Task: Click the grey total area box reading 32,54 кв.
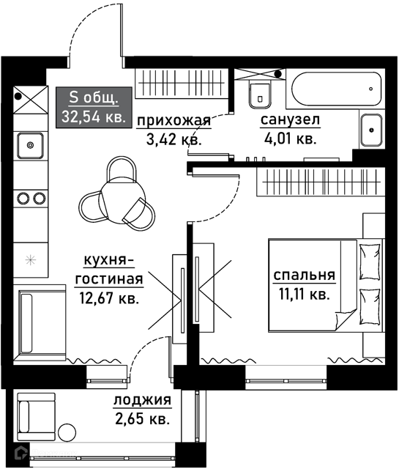[94, 108]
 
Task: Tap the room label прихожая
[174, 121]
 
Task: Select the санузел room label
[290, 119]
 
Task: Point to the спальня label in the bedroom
[305, 276]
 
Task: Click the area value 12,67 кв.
[109, 298]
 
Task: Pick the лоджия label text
[142, 400]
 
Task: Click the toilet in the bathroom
[261, 95]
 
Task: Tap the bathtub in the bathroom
[337, 89]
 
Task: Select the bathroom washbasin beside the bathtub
[371, 130]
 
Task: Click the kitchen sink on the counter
[30, 146]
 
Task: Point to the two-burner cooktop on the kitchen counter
[31, 198]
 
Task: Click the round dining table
[122, 200]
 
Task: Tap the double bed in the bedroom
[326, 285]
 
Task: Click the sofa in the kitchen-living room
[40, 323]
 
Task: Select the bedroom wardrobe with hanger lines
[321, 182]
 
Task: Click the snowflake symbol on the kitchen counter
[31, 260]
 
